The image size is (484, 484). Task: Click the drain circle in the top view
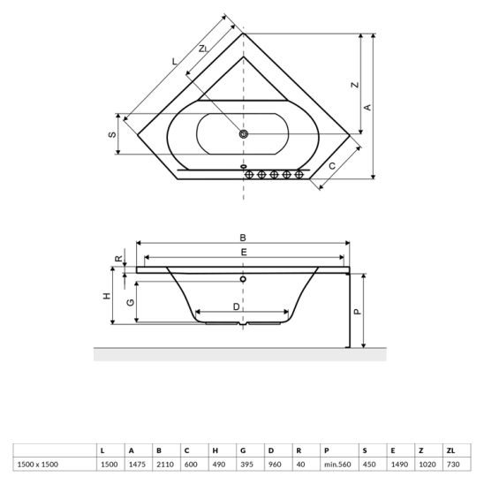click(244, 134)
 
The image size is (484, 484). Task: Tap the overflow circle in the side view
click(243, 279)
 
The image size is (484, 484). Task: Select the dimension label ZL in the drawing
click(203, 49)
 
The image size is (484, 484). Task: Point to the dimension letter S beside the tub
click(112, 134)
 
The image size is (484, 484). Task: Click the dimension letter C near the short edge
click(332, 166)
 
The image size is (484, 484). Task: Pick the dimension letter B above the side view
click(243, 238)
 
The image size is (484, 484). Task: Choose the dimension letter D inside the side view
click(236, 306)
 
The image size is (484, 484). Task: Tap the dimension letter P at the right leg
click(357, 312)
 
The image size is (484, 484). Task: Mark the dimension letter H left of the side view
click(107, 296)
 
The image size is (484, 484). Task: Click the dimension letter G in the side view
click(131, 302)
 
